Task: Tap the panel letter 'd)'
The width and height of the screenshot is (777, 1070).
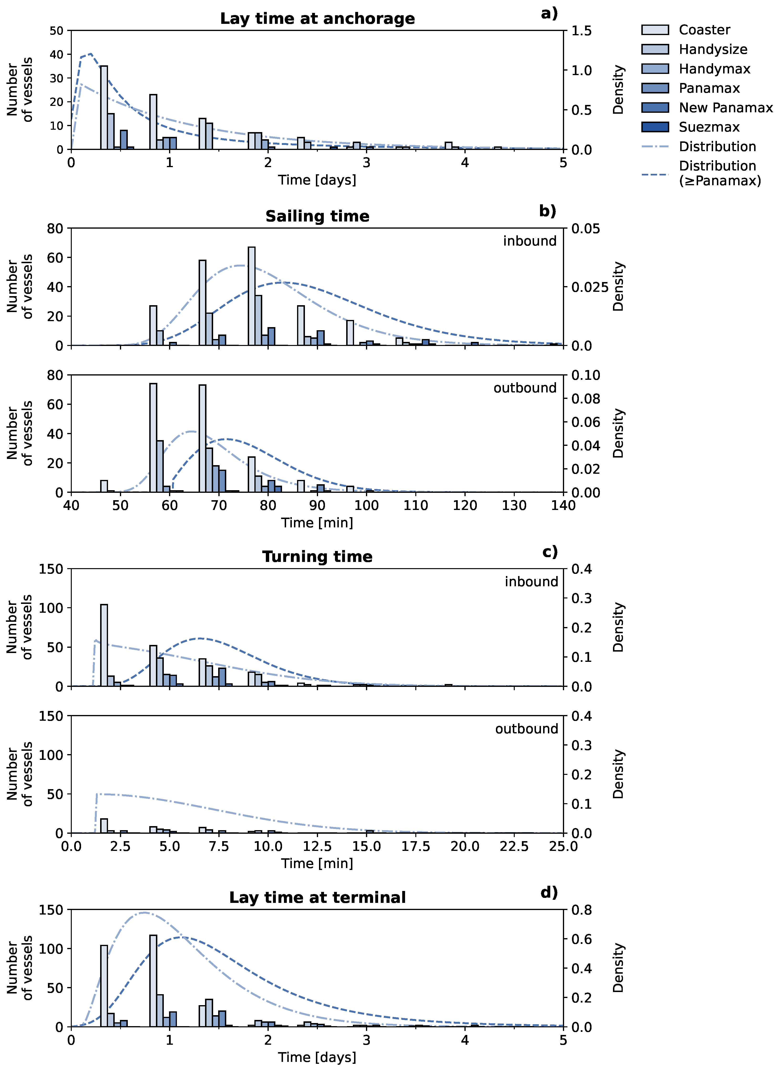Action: coord(549,892)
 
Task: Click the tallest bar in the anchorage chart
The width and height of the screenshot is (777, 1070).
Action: coord(104,108)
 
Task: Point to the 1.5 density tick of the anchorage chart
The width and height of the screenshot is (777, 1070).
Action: coord(581,31)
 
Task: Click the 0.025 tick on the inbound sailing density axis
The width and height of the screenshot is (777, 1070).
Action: coord(590,287)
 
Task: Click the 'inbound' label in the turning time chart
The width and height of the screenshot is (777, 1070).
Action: coord(531,582)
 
